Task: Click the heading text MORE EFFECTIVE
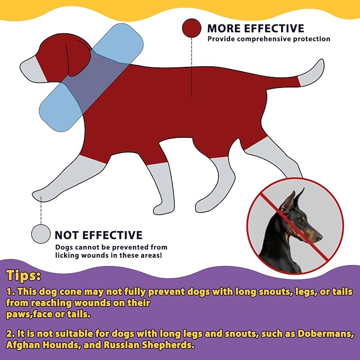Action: click(x=256, y=29)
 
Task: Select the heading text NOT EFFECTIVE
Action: click(x=99, y=235)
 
